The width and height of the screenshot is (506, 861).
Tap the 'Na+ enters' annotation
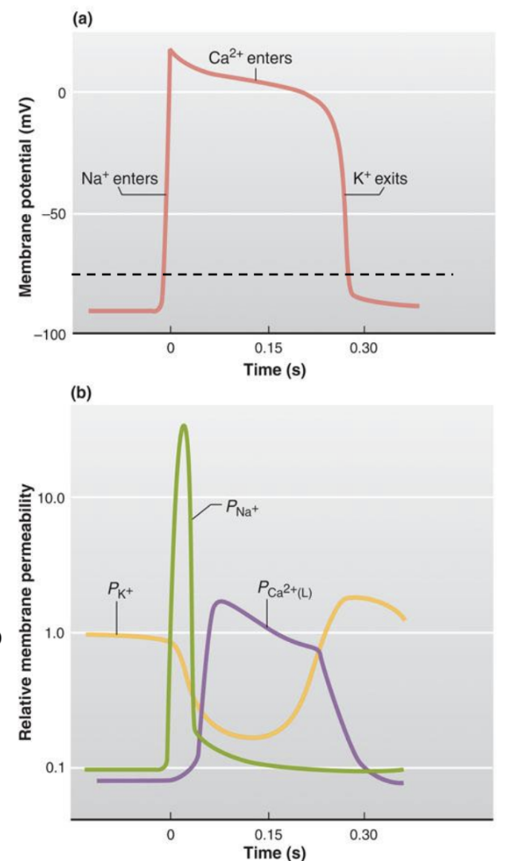[x=119, y=179]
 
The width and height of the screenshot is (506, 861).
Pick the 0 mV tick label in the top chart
[x=60, y=93]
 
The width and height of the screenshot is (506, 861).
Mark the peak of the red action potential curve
[x=170, y=50]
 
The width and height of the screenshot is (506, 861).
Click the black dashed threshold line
[x=318, y=275]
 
